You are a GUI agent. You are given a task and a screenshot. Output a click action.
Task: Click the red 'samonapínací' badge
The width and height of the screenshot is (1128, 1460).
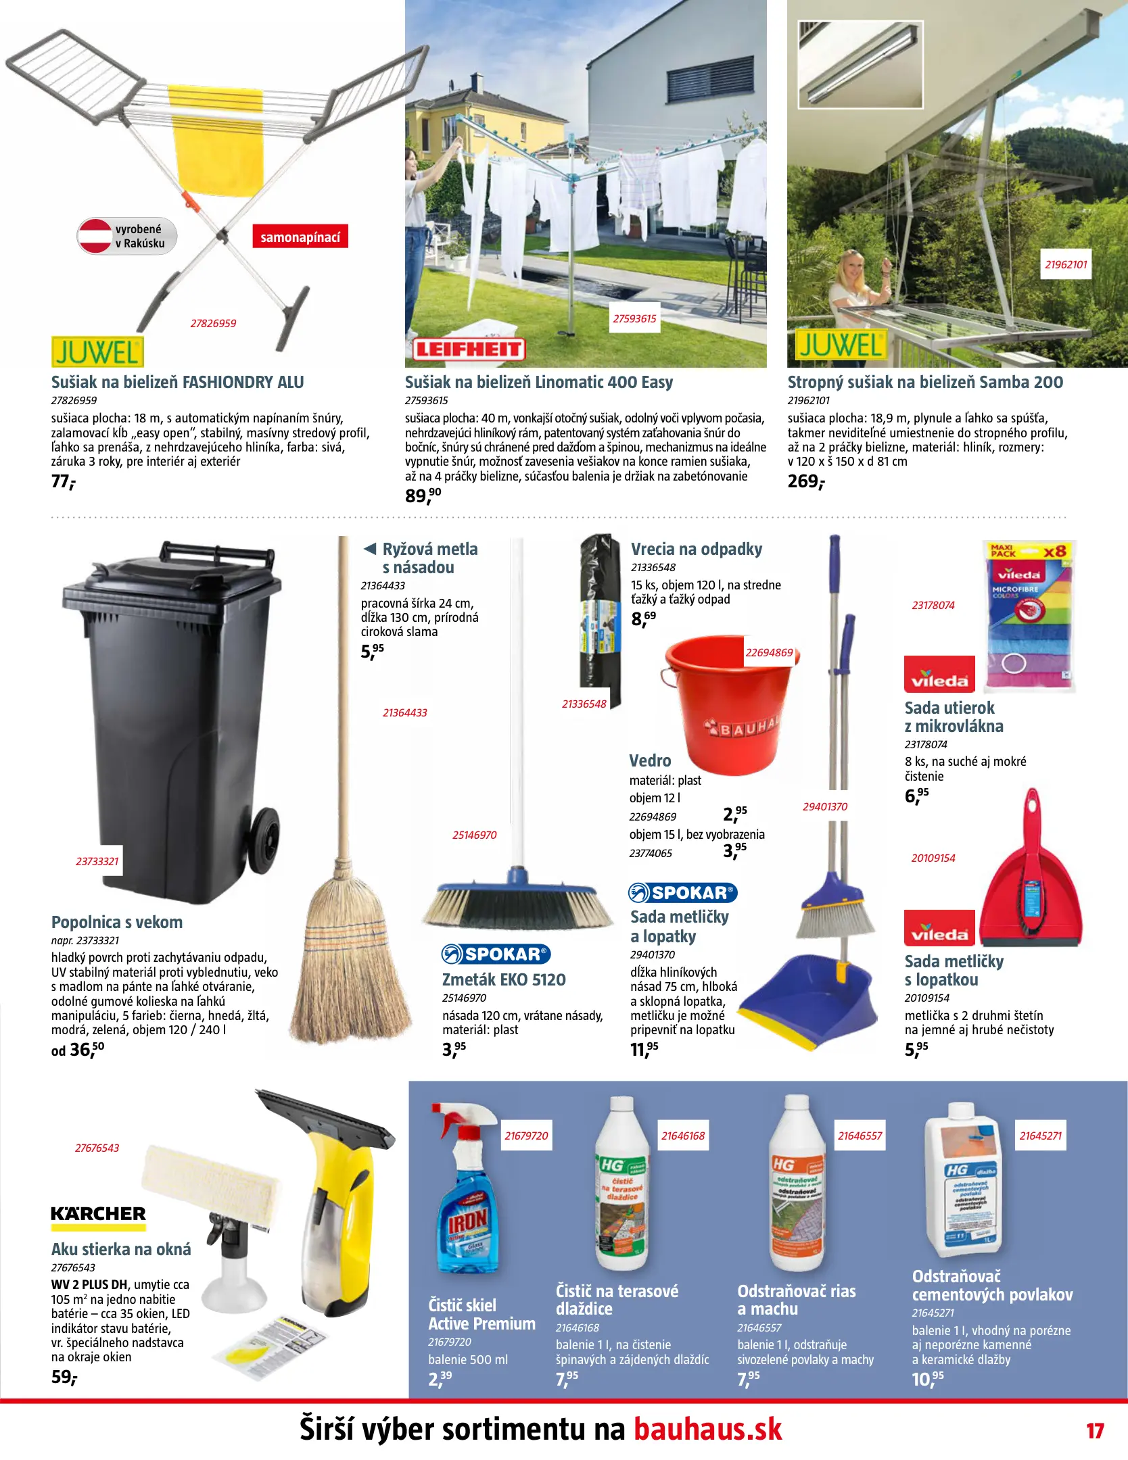(300, 237)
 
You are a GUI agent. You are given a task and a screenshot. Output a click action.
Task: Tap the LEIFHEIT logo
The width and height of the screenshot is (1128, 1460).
(469, 349)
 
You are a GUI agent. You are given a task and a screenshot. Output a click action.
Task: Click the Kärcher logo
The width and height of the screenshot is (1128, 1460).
(99, 1214)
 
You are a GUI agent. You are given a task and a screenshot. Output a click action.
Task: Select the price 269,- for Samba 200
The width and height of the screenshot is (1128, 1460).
(806, 481)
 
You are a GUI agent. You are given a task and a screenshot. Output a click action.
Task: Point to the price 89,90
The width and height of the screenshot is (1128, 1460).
(423, 495)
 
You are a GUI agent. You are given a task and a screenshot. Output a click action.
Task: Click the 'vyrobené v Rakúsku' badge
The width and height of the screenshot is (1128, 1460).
(127, 236)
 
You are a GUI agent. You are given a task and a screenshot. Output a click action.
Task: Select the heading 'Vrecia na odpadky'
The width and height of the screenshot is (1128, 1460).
(696, 549)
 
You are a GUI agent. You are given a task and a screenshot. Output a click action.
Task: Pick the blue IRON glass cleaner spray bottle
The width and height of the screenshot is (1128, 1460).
(467, 1210)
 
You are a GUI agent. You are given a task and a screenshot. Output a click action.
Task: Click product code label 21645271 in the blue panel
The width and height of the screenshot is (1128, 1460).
(1040, 1136)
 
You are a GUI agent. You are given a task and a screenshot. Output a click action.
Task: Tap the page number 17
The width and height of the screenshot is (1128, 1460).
(1095, 1431)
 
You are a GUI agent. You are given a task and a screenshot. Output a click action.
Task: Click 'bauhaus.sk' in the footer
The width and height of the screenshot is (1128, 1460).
(707, 1430)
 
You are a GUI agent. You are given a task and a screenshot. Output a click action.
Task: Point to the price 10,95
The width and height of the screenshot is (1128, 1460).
(927, 1378)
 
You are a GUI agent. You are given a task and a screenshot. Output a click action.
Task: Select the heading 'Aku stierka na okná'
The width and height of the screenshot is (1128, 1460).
(121, 1249)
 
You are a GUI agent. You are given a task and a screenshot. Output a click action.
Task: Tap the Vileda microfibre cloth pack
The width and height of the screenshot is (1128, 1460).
(1029, 615)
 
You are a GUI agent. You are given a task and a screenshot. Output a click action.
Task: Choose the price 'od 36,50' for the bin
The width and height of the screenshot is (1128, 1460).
(78, 1050)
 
